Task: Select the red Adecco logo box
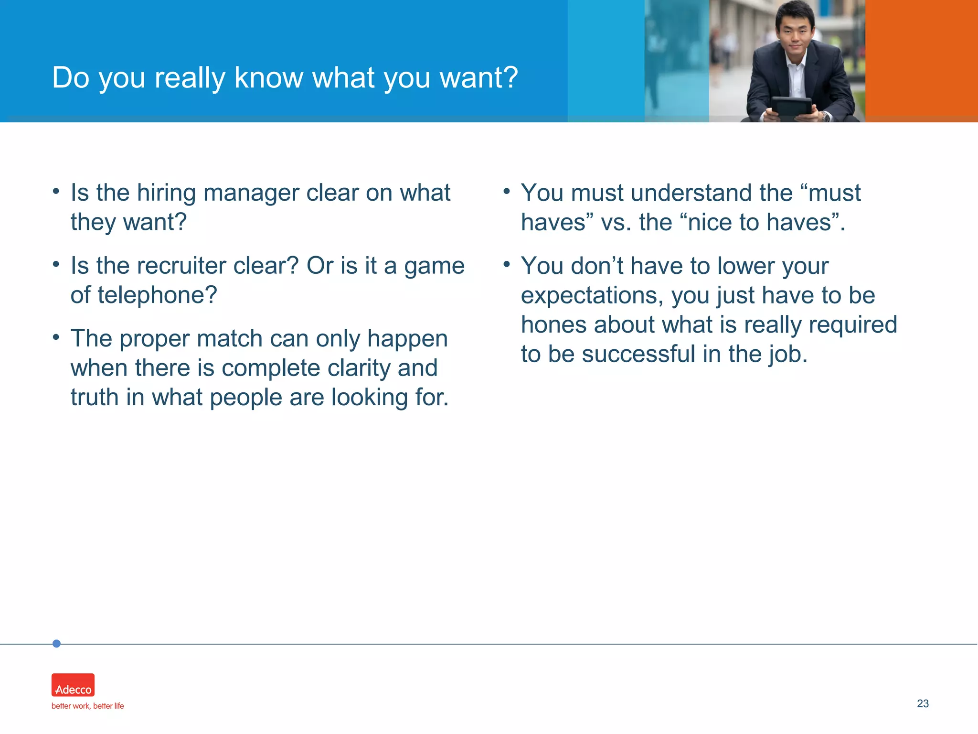tap(73, 685)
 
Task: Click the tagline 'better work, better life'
tap(87, 706)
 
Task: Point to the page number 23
tap(923, 703)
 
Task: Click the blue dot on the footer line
tap(56, 644)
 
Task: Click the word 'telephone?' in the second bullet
tap(158, 295)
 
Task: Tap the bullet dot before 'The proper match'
tap(56, 337)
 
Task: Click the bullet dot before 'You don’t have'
tap(507, 264)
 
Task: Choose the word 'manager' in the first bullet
tap(251, 193)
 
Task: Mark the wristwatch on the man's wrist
tap(826, 115)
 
